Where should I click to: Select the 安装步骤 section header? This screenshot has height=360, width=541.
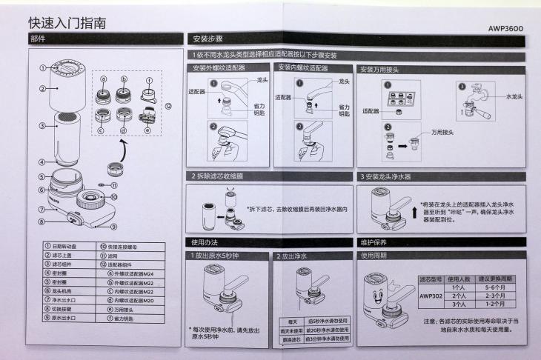click(208, 39)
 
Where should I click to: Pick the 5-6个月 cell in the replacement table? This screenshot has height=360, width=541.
click(494, 286)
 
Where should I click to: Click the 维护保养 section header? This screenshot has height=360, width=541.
click(376, 242)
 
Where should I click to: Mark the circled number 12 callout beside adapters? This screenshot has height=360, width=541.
click(168, 105)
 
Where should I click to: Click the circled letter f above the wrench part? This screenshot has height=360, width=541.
click(149, 80)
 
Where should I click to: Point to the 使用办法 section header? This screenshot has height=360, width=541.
click(205, 242)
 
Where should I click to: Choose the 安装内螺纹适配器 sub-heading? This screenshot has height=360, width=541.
click(302, 68)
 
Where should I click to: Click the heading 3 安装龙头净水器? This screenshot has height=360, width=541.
click(387, 177)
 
